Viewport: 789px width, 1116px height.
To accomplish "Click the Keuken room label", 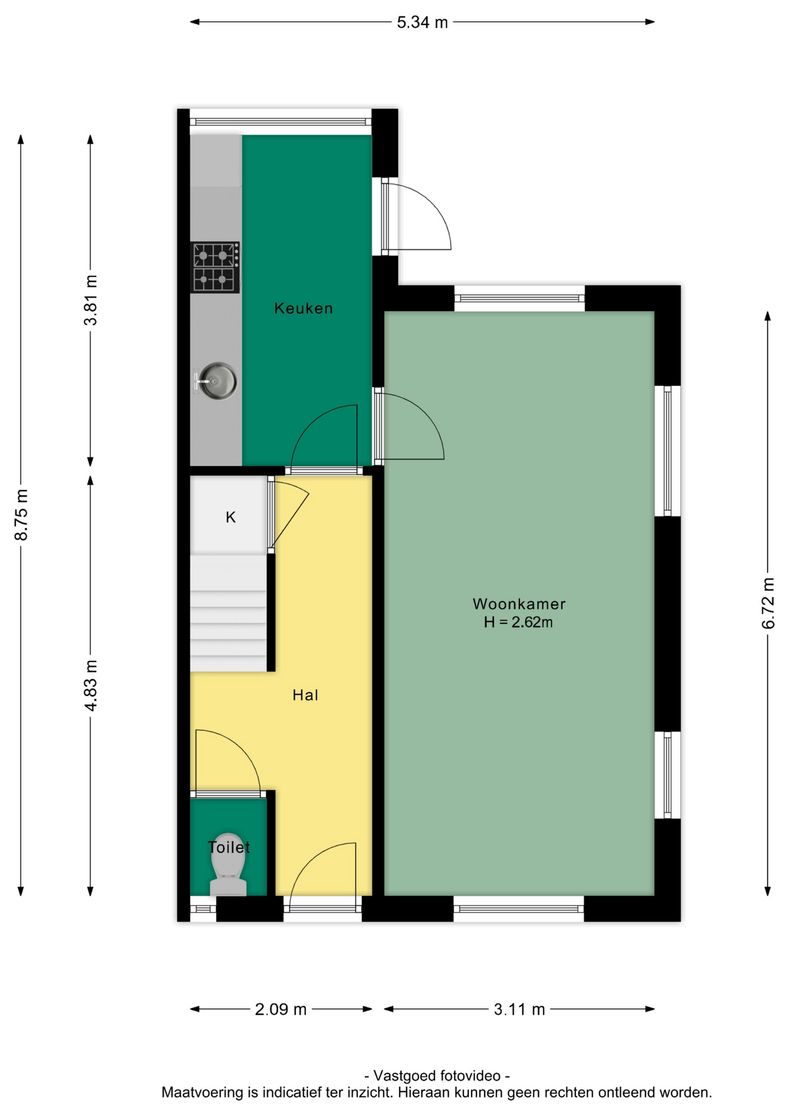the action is pos(303,308).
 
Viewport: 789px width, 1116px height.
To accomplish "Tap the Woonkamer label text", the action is pos(519,604).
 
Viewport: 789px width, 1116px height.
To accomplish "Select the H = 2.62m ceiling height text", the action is pos(518,622).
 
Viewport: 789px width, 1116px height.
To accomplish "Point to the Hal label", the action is pos(305,695).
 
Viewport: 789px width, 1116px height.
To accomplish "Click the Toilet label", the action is pos(229,847).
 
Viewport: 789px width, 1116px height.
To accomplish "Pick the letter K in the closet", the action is pos(231,517).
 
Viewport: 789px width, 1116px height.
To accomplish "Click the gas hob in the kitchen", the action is pos(215,267).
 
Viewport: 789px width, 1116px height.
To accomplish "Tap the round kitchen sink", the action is pos(216,381).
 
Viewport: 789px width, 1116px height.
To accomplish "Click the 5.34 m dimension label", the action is pos(422,22).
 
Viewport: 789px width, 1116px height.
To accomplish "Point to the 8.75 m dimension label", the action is pos(21,515).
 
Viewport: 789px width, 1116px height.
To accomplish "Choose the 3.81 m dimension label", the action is pos(91,301).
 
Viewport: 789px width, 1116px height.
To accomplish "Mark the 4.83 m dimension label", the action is pos(91,685).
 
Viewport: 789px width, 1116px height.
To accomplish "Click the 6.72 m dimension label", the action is pos(768,603).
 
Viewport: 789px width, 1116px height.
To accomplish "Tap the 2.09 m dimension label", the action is pos(281,1010).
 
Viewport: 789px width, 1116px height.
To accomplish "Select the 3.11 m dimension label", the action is pos(519,1010).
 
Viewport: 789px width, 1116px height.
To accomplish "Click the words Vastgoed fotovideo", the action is pos(437,1076).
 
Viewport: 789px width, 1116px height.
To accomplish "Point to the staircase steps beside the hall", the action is pos(228,613).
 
